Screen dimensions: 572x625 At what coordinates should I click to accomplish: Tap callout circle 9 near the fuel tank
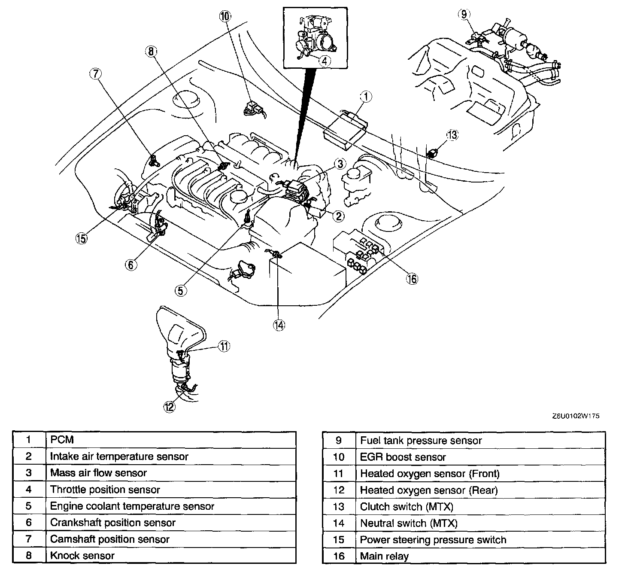click(x=464, y=14)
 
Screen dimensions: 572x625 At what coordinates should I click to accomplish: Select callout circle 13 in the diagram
click(x=452, y=135)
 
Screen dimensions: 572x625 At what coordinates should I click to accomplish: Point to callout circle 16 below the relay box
click(x=412, y=279)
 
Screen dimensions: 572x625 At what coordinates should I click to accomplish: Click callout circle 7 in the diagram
click(x=95, y=74)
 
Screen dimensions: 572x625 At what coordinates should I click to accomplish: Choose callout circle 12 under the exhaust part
click(x=170, y=406)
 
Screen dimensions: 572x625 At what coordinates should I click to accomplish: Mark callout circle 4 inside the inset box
click(x=325, y=61)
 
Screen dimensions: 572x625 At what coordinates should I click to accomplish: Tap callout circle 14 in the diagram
click(x=279, y=326)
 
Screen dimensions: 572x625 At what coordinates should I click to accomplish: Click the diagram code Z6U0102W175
click(x=576, y=416)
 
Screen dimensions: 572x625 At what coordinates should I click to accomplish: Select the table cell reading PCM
click(x=62, y=440)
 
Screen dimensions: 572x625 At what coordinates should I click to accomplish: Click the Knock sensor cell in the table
click(x=82, y=556)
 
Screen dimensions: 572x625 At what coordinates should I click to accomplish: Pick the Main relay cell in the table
click(x=384, y=557)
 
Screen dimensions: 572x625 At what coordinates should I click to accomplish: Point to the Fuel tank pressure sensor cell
click(x=421, y=441)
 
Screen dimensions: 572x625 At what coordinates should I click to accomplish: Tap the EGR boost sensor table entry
click(x=403, y=457)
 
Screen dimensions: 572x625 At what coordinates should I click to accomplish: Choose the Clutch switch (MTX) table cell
click(x=407, y=507)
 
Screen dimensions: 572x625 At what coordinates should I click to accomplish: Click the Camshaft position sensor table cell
click(x=110, y=539)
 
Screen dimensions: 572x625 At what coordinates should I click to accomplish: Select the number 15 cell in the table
click(x=339, y=540)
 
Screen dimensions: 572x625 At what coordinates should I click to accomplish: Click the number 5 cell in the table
click(x=29, y=506)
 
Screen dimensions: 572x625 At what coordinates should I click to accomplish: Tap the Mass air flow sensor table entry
click(x=98, y=473)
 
